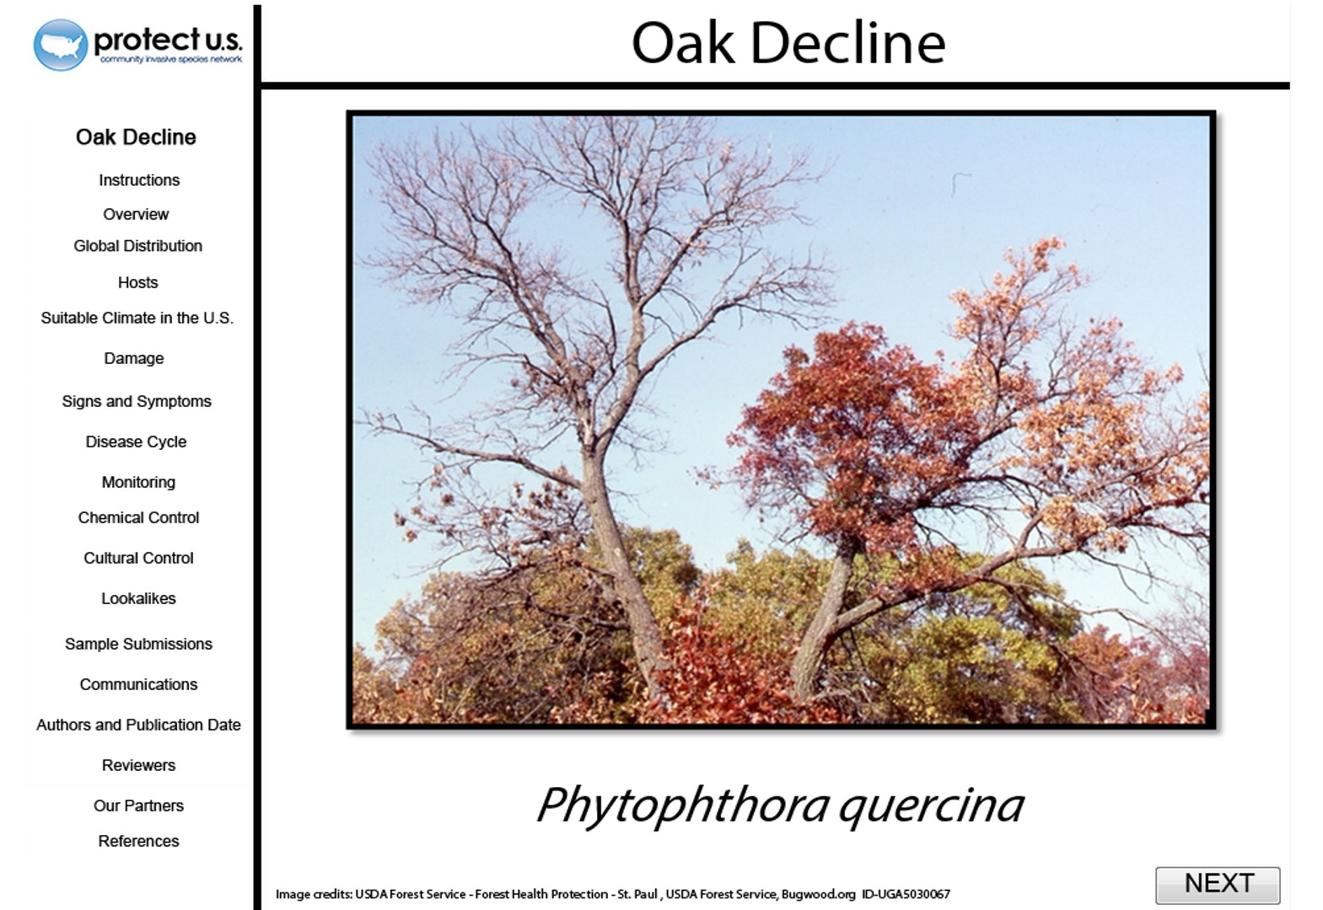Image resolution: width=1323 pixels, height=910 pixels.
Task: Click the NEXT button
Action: [x=1218, y=885]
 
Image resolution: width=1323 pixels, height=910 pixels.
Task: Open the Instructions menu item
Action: [x=139, y=180]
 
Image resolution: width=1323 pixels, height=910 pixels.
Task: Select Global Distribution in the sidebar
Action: [x=137, y=245]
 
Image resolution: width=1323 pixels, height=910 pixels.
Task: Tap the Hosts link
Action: [x=137, y=282]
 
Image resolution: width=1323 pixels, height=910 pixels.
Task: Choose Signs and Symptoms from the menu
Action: [x=137, y=401]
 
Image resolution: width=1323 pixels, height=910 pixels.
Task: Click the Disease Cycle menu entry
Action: [x=136, y=442]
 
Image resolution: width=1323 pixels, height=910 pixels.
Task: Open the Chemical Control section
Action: [x=138, y=517]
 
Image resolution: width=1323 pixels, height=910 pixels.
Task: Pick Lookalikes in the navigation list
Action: [x=138, y=598]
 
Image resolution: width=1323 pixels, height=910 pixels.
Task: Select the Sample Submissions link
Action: [x=138, y=644]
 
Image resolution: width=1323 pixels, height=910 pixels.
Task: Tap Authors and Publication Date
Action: [x=138, y=725]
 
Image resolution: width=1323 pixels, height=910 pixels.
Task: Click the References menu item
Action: [x=138, y=841]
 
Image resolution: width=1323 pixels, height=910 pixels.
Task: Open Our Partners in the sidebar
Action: [x=138, y=806]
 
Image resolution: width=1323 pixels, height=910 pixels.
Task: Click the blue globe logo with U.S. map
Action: [x=61, y=45]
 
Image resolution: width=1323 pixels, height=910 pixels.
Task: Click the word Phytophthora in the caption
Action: [x=683, y=806]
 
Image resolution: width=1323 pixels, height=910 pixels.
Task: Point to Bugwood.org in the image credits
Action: [x=819, y=895]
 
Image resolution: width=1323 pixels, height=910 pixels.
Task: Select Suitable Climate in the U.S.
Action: [x=137, y=318]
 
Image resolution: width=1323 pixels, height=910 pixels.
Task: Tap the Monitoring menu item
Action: [x=138, y=482]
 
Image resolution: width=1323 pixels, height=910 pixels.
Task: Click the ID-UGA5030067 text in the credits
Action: [x=906, y=894]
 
